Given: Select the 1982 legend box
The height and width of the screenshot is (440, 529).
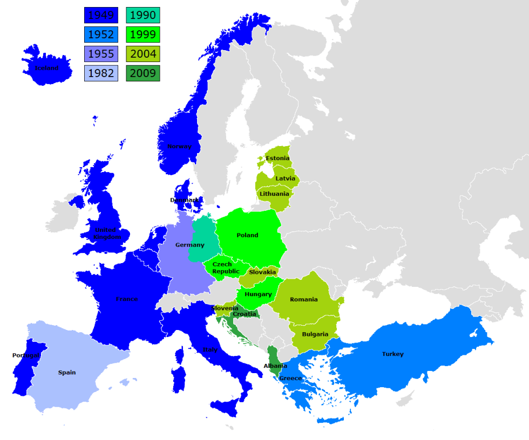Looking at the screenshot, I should coord(101,73).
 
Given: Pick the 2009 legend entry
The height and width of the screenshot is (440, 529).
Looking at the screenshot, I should coord(143,73).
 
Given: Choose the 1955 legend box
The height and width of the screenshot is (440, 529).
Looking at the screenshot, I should coord(101,54).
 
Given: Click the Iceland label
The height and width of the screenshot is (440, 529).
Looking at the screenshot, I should coord(46,68).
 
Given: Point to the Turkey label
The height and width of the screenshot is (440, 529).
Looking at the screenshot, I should coord(392,354).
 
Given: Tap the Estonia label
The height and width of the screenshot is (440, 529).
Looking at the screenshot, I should coord(277,158).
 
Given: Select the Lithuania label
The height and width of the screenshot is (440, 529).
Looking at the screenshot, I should coord(274,194).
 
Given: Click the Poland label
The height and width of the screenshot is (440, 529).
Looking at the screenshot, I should coord(247,235).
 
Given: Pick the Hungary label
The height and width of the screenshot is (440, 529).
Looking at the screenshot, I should coord(258,294).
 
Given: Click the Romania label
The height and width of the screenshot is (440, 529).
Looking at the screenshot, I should coord(304,299).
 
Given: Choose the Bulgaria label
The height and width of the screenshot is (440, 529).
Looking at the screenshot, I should coord(315,334).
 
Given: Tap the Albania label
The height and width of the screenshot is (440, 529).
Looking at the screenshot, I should coord(275,366).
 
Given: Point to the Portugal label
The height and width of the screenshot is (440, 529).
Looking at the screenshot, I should coord(25,355).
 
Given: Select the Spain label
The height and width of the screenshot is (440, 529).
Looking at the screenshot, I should coord(67,373).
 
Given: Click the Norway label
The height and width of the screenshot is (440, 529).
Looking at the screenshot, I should coord(179,147).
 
